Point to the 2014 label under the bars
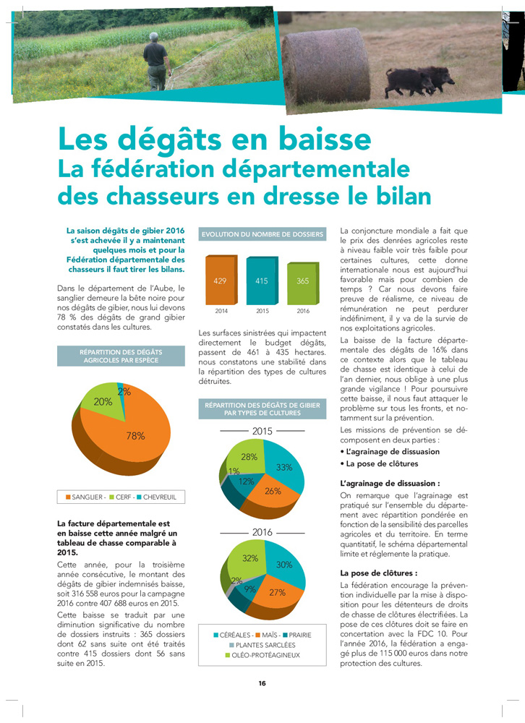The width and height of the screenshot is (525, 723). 220,311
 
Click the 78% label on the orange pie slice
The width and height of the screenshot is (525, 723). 135,436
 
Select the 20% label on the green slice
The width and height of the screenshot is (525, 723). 103,401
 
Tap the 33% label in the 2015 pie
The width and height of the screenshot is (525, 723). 284,467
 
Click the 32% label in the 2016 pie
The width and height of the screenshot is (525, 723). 250,558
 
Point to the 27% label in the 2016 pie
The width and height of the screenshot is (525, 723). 276,592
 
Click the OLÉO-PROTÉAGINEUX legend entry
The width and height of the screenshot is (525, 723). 265,655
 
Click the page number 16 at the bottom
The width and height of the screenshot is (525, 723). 262,683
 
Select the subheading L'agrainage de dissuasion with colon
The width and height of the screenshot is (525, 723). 390,482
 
